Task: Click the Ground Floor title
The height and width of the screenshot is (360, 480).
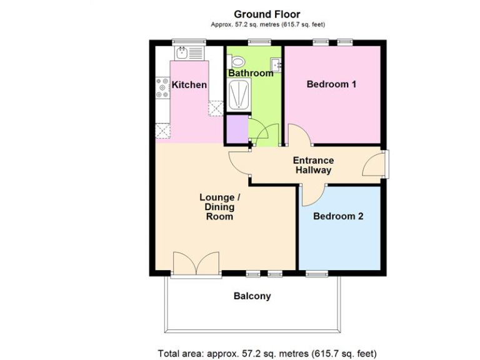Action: coord(267,14)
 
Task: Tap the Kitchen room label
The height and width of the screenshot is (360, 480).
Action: coord(189,84)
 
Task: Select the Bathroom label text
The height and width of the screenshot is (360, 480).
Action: coord(251,73)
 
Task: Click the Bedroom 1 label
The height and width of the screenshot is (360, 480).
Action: coord(331,84)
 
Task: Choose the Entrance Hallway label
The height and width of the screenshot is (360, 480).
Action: coord(313,165)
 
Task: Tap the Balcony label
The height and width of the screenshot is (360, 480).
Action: coord(252,296)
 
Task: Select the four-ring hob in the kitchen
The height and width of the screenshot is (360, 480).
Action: coord(162,88)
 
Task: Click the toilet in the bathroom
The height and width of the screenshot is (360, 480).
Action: coord(237,62)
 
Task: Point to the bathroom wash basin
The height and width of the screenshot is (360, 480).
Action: coord(276,63)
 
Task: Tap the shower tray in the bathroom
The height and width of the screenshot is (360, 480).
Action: coord(238,96)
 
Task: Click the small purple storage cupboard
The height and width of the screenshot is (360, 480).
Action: coord(236,129)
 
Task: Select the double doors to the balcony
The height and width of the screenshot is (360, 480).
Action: coord(196,265)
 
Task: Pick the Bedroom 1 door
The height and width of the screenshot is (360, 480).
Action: coord(296,134)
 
